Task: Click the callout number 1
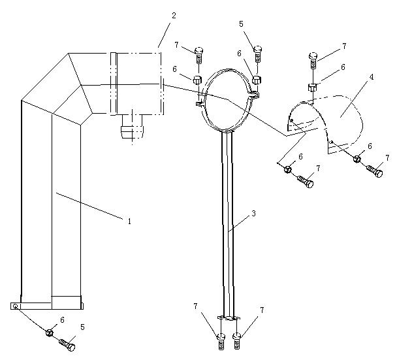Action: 129,221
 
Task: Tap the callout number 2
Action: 174,16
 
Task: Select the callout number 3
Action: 253,213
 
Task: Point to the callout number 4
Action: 371,76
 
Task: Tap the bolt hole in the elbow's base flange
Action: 16,306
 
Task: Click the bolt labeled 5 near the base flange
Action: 67,345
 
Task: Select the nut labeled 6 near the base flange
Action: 49,332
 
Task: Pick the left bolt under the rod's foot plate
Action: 221,342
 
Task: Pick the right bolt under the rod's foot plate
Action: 237,342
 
